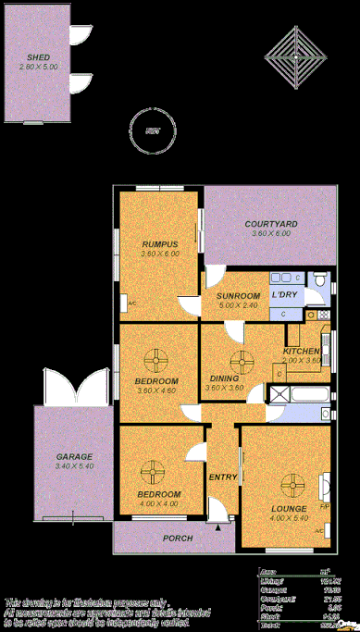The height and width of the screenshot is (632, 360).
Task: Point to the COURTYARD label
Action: coord(270,224)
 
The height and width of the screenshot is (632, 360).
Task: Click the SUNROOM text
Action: coord(237,296)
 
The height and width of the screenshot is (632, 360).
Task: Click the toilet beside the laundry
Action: coord(318,279)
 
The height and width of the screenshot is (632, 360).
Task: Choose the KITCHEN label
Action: coord(302,352)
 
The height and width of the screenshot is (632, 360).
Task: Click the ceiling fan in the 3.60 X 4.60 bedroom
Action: coord(157,360)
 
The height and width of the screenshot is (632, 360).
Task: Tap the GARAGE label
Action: coord(73,457)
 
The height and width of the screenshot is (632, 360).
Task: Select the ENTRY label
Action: coord(222,477)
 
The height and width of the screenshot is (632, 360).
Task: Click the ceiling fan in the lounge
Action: coord(294,483)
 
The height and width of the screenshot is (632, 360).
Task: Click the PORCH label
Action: coord(177,538)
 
